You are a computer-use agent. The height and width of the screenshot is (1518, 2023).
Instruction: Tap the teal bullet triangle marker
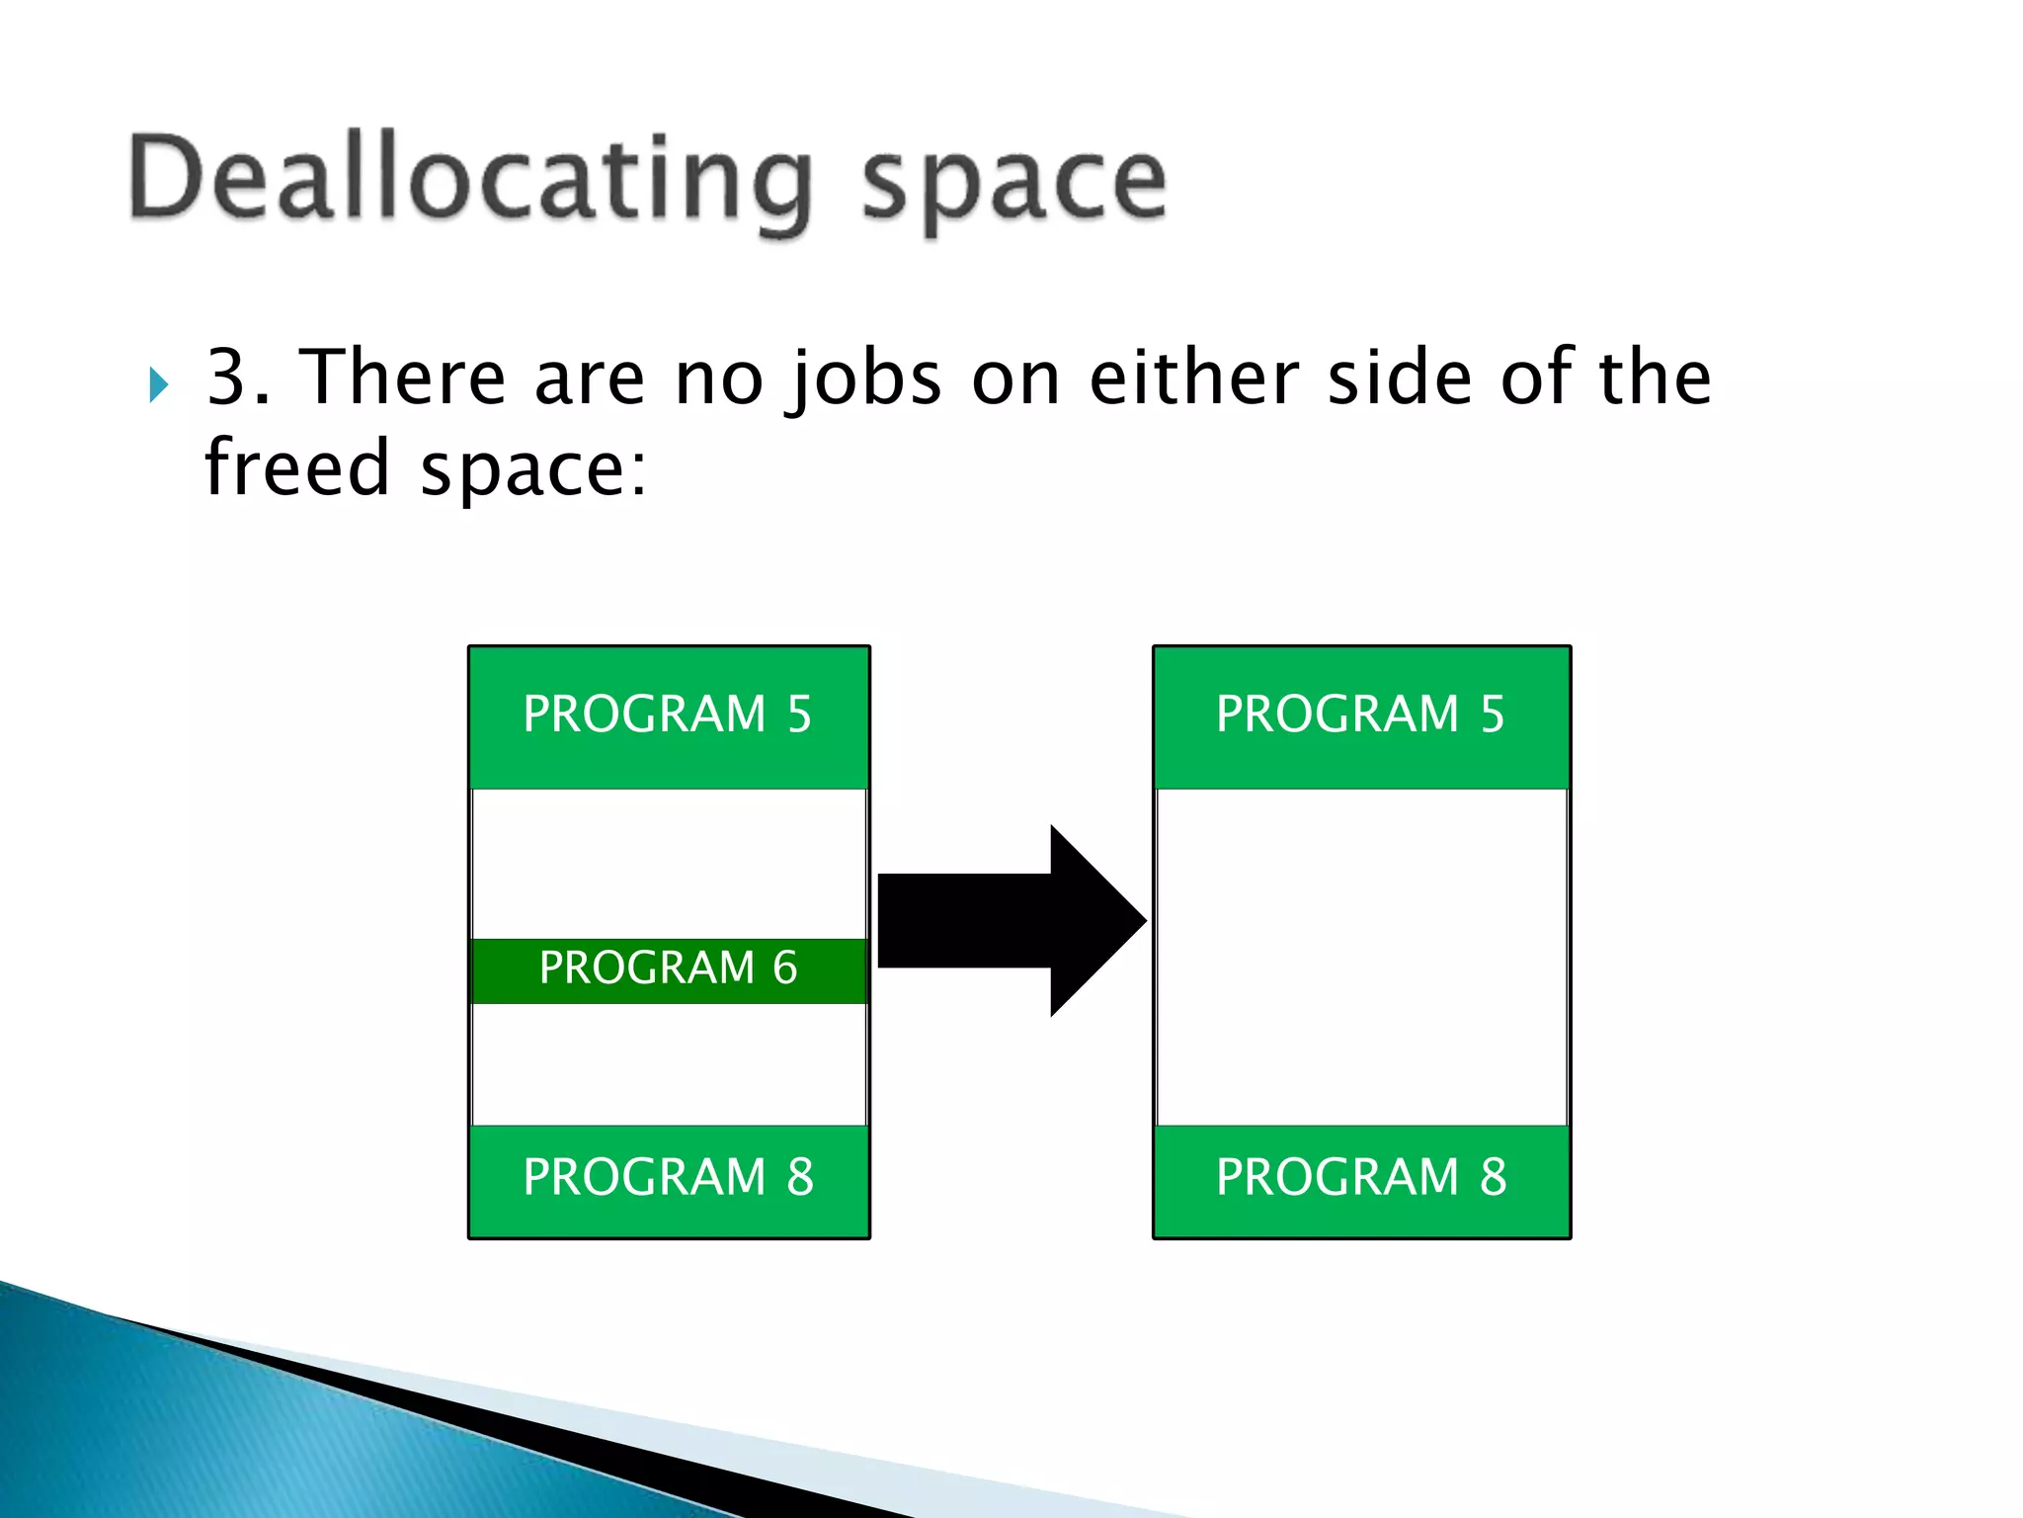coord(158,384)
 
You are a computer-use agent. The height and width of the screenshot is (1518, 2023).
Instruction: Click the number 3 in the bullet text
coord(226,378)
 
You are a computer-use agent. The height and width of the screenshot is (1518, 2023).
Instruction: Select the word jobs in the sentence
coord(863,379)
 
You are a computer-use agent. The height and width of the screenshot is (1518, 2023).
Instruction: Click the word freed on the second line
coord(296,467)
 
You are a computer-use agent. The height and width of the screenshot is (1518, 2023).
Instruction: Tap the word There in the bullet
coord(402,378)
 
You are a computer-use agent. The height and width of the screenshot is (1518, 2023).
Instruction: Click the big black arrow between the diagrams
coord(1008,920)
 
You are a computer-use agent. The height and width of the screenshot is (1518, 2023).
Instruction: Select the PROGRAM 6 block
coord(669,970)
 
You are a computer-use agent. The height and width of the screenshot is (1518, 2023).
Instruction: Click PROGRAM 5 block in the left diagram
coord(669,716)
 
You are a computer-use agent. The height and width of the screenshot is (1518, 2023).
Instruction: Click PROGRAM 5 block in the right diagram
coord(1361,716)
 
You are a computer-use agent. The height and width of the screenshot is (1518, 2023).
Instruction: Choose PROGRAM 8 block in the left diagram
coord(669,1178)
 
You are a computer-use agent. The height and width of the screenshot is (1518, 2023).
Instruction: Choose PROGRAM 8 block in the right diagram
coord(1361,1178)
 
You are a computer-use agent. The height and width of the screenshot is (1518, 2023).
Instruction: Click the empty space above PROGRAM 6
coord(669,863)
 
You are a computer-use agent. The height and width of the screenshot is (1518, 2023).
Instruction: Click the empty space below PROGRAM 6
coord(669,1063)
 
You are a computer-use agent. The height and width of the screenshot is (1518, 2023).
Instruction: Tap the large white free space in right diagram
coord(1361,956)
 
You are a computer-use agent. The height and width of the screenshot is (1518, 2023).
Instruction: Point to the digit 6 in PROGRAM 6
coord(785,968)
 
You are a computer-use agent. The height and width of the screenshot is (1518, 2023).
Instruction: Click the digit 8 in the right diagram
coord(1493,1177)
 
